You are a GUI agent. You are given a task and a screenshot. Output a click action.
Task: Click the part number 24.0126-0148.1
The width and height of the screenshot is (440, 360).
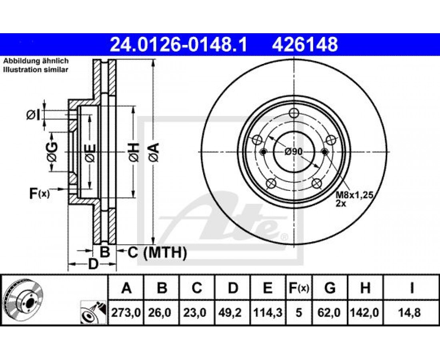(x=178, y=45)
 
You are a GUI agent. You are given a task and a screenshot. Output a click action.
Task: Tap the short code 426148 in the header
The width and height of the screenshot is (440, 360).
(x=305, y=45)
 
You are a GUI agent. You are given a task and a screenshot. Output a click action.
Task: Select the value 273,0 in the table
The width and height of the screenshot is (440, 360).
(x=126, y=312)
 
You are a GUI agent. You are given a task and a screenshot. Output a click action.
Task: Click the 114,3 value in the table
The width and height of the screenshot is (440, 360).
(x=268, y=312)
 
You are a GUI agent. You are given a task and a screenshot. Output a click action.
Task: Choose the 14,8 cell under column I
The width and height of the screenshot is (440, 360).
(x=412, y=312)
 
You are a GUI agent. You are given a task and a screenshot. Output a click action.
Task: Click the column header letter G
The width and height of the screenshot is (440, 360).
(x=330, y=288)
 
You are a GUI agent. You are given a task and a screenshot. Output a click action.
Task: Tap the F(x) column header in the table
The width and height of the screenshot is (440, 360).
(x=299, y=288)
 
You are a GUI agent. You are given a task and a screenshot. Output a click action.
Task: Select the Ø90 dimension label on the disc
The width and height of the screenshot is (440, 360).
(x=294, y=152)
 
